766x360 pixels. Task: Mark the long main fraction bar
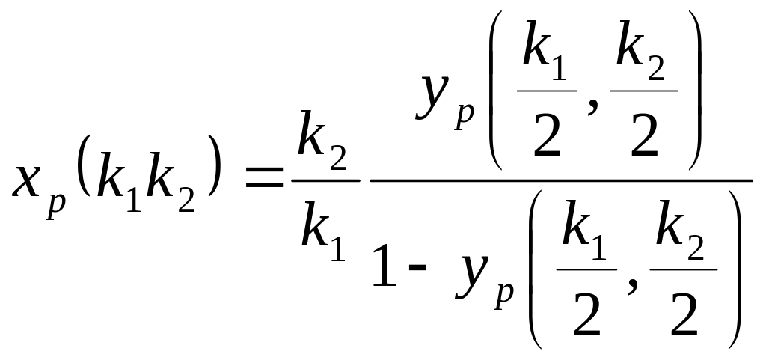pos(561,180)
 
